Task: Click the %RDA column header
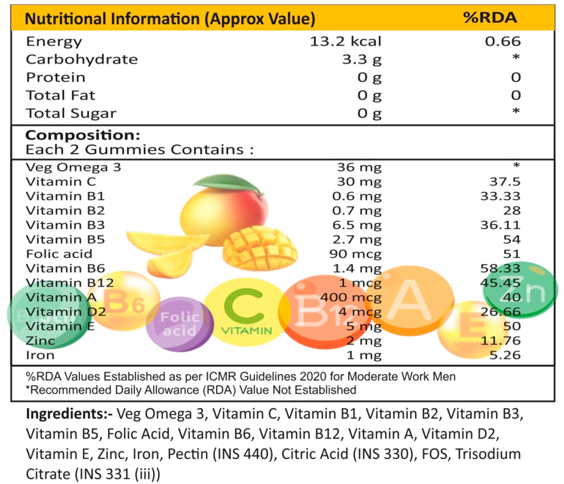click(490, 18)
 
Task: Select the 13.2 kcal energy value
click(346, 41)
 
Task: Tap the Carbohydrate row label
click(82, 59)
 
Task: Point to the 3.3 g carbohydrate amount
click(362, 60)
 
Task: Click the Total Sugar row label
click(71, 113)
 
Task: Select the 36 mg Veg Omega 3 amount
click(359, 168)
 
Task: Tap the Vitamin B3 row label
click(66, 225)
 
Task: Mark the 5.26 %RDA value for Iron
click(504, 355)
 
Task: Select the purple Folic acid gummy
click(180, 324)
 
